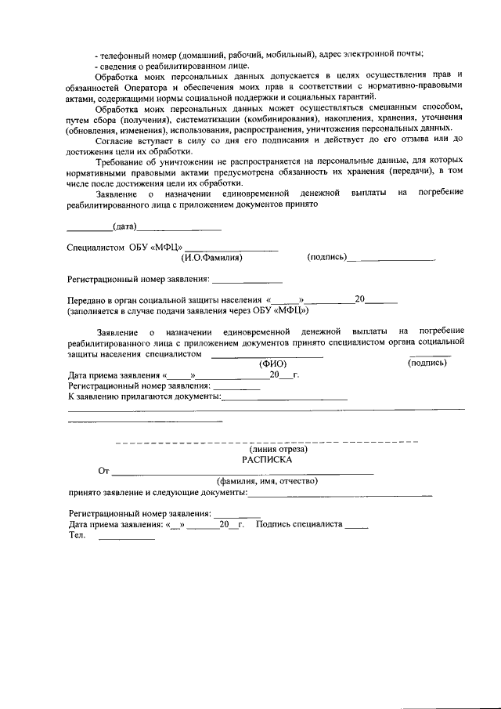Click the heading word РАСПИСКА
[x=272, y=461]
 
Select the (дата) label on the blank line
[x=124, y=227]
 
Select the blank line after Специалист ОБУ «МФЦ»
[x=232, y=249]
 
